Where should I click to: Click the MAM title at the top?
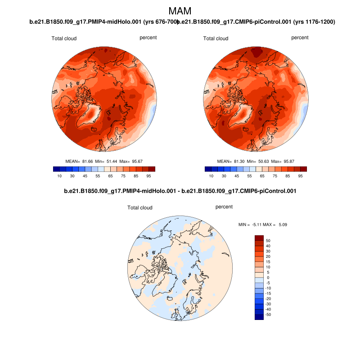[180, 11]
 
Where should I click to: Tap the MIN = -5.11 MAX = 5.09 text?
[259, 224]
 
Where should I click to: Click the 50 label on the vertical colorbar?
[268, 241]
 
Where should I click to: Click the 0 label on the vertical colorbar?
[268, 278]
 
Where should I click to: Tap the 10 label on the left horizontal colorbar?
[59, 176]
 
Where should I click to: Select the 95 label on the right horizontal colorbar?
[301, 176]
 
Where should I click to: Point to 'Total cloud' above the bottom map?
[140, 208]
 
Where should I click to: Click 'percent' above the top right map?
[300, 38]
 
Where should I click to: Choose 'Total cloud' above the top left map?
[64, 39]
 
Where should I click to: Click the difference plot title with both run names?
[180, 191]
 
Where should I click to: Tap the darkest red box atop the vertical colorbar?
[259, 238]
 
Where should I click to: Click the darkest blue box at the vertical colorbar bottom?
[259, 317]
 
